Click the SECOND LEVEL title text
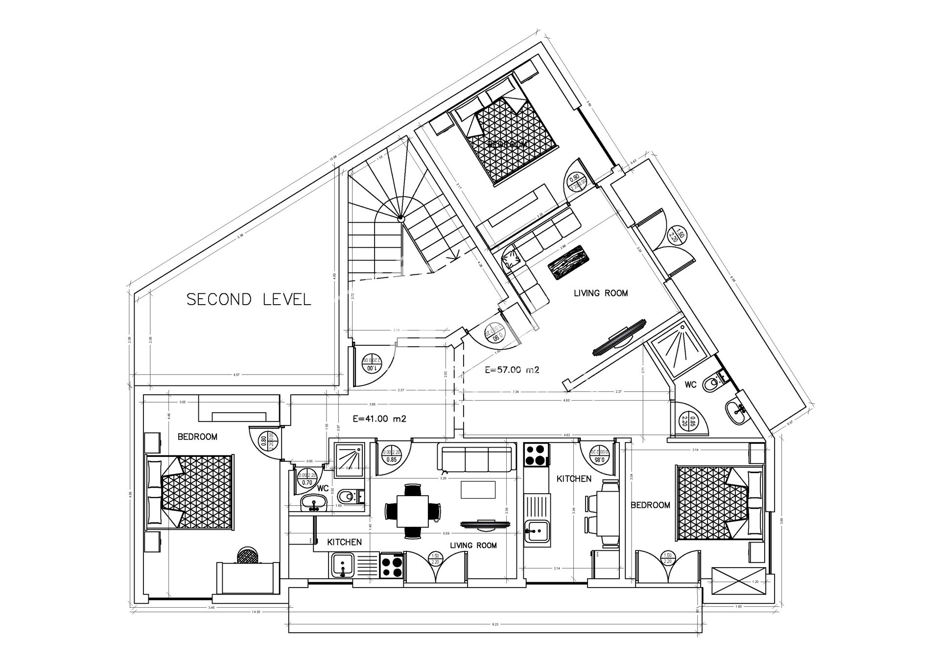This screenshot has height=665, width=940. pyautogui.click(x=249, y=299)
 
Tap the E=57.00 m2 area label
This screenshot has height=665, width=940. pyautogui.click(x=512, y=370)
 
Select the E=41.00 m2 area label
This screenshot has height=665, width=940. pyautogui.click(x=379, y=419)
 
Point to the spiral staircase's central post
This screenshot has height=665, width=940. pyautogui.click(x=401, y=218)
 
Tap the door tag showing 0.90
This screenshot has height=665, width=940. pyautogui.click(x=493, y=332)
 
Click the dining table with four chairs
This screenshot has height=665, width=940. pyautogui.click(x=413, y=511)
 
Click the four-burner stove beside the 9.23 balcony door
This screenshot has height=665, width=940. pyautogui.click(x=391, y=565)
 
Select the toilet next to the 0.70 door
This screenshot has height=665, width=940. pyautogui.click(x=348, y=496)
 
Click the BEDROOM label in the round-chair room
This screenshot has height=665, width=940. pyautogui.click(x=197, y=436)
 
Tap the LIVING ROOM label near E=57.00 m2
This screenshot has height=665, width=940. pyautogui.click(x=601, y=293)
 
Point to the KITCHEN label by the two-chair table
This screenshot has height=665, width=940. pyautogui.click(x=574, y=478)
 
